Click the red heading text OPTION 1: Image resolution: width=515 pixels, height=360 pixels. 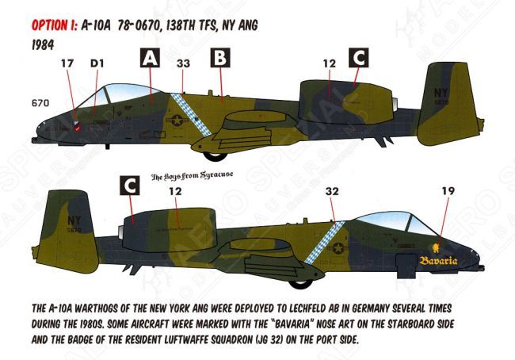(54, 26)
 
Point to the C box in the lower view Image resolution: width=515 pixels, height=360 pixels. (128, 186)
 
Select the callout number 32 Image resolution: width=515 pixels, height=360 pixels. (332, 191)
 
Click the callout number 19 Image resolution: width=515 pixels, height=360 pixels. (448, 191)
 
